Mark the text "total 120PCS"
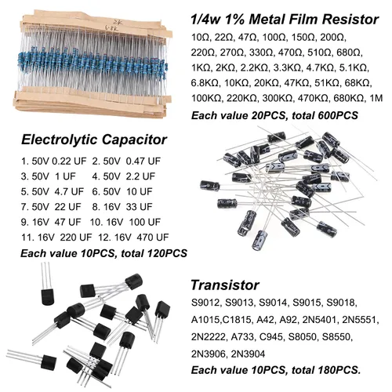point(147,254)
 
